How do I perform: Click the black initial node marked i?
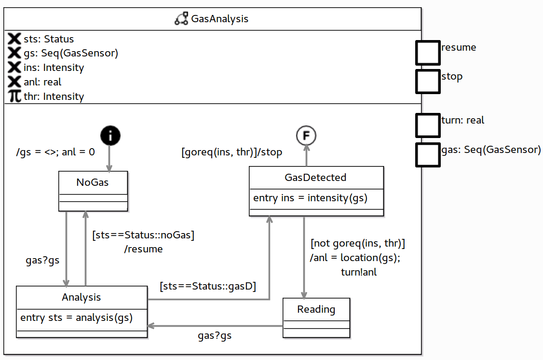coord(110,136)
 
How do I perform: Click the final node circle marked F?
coord(306,136)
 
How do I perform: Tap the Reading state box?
coord(316,319)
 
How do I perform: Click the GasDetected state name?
coord(316,178)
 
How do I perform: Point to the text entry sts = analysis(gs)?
coord(76,318)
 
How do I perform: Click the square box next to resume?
coord(428,53)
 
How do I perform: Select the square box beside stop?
coord(428,81)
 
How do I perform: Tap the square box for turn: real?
coord(428,125)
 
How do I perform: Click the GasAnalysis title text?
coord(220,19)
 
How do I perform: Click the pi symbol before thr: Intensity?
coord(15,97)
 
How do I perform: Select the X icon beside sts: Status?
coord(15,39)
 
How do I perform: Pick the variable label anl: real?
coord(42,82)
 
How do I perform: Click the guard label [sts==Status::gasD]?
coord(208,286)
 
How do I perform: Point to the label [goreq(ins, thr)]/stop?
coord(231,152)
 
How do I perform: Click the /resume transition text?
coord(143,249)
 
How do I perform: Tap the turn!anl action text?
coord(359,272)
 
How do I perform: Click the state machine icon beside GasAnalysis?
coord(181,19)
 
